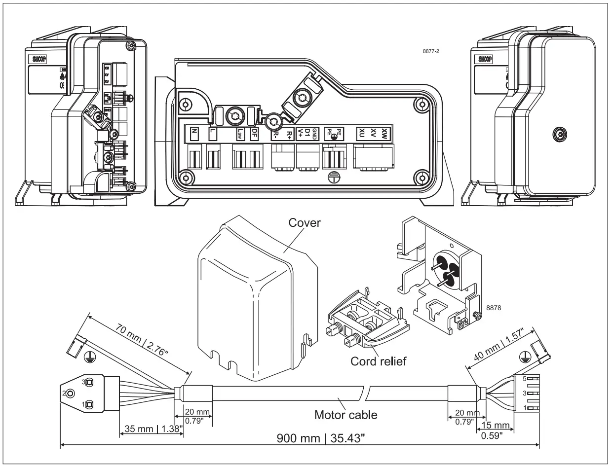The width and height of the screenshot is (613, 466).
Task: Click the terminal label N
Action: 194,133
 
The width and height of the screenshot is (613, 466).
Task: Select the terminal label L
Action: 213,133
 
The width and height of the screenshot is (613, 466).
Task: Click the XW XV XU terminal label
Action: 375,132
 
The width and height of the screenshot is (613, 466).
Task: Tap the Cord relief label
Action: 379,361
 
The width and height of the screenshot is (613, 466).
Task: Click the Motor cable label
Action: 346,415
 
